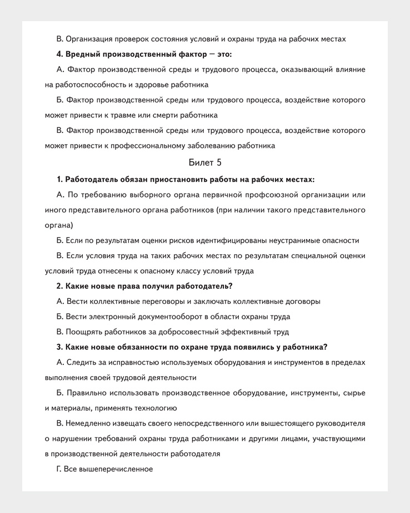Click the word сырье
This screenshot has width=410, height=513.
[x=353, y=393]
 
